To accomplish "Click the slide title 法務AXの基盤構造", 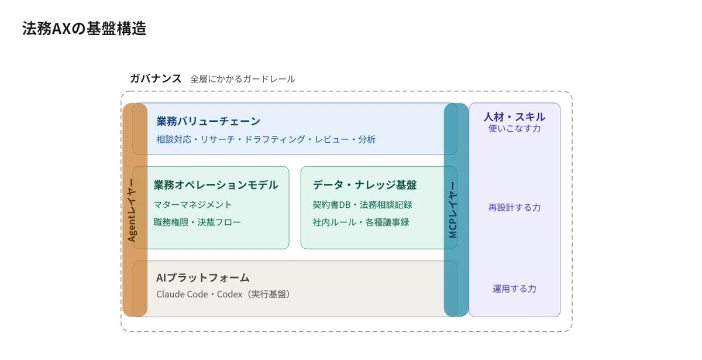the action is coord(84,29).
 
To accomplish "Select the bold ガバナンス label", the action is coord(156,78).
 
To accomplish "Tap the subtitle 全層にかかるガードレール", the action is coord(243,79).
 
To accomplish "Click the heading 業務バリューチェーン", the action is coord(208,121).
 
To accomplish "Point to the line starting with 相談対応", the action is coord(266,139).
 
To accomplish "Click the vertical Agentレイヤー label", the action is coord(132,210).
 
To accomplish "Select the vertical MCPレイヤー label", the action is coord(453,210).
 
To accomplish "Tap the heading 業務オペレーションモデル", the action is coord(216,185).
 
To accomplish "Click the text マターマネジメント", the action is coord(192,204).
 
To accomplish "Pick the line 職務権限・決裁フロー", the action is coord(197,222).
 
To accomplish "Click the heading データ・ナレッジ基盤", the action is coord(364,185).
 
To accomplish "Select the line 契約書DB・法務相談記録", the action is coord(362,204).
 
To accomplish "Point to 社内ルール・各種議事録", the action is coord(361,222).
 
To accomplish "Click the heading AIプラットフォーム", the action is coord(203,277).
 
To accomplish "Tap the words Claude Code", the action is coord(182,294).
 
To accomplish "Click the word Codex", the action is coord(230,294).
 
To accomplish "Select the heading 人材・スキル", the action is coord(515,117).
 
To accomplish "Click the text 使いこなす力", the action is coord(515,128).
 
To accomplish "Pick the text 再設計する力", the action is coord(515,207).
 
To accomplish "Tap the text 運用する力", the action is coord(515,289).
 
